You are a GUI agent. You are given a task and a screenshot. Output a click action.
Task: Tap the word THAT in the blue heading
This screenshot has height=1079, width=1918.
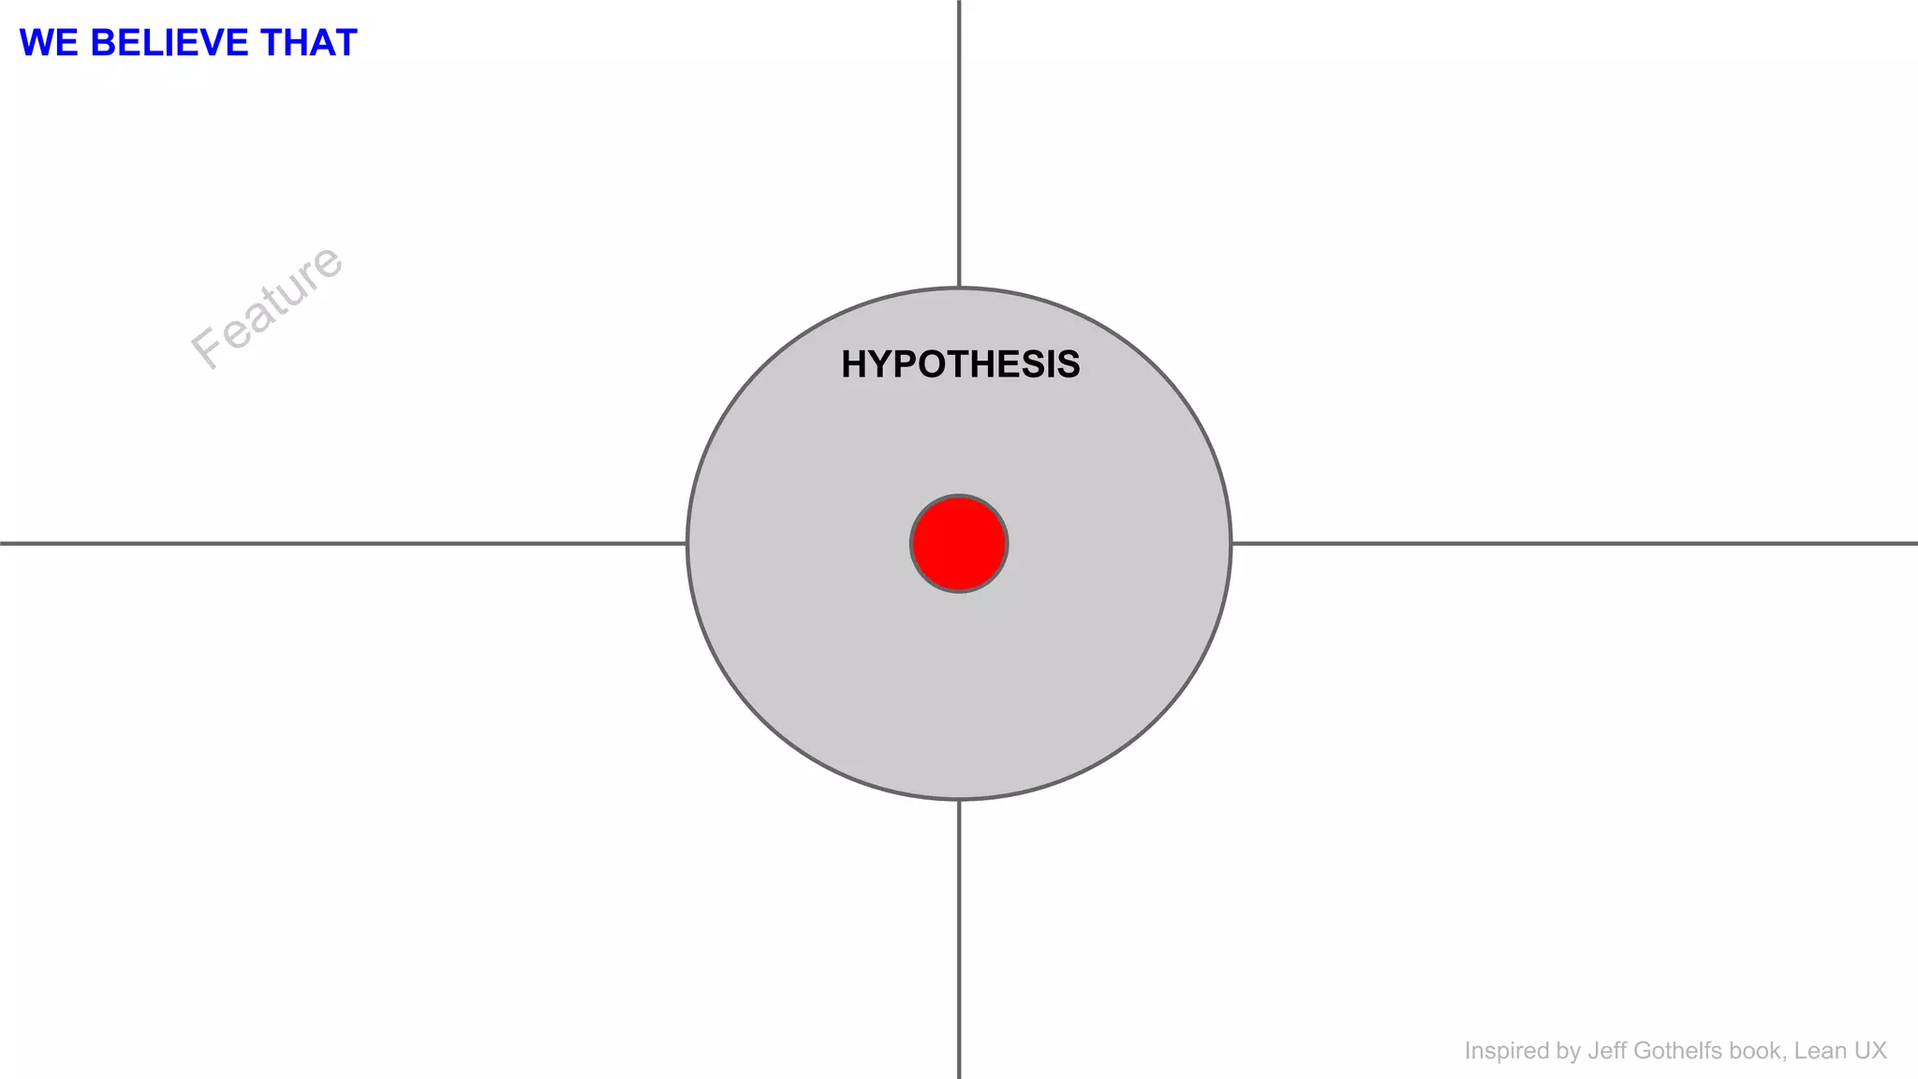[x=308, y=43]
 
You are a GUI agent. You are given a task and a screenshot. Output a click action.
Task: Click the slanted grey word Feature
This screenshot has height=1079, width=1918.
[x=268, y=306]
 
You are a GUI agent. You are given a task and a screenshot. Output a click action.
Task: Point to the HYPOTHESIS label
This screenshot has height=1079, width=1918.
[x=960, y=364]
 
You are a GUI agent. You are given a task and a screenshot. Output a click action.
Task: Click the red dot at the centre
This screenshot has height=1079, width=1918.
[x=959, y=543]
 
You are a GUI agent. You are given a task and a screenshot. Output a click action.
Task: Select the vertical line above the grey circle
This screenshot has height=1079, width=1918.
[x=959, y=140]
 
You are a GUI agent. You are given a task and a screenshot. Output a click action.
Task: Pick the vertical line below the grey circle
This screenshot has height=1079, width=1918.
[x=959, y=937]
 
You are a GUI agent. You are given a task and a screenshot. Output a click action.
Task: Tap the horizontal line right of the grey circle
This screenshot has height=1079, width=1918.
[x=1573, y=543]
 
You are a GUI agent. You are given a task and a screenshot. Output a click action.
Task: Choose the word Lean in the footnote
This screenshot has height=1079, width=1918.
[x=1820, y=1051]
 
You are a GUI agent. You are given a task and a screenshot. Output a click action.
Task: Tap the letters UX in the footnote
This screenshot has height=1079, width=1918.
[x=1870, y=1051]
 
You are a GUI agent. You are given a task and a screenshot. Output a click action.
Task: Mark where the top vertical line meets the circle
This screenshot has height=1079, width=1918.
[x=959, y=288]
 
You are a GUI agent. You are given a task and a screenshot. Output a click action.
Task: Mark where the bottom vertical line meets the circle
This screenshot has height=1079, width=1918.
[x=959, y=800]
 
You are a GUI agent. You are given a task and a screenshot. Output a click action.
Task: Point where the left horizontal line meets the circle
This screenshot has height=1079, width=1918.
[x=687, y=543]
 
